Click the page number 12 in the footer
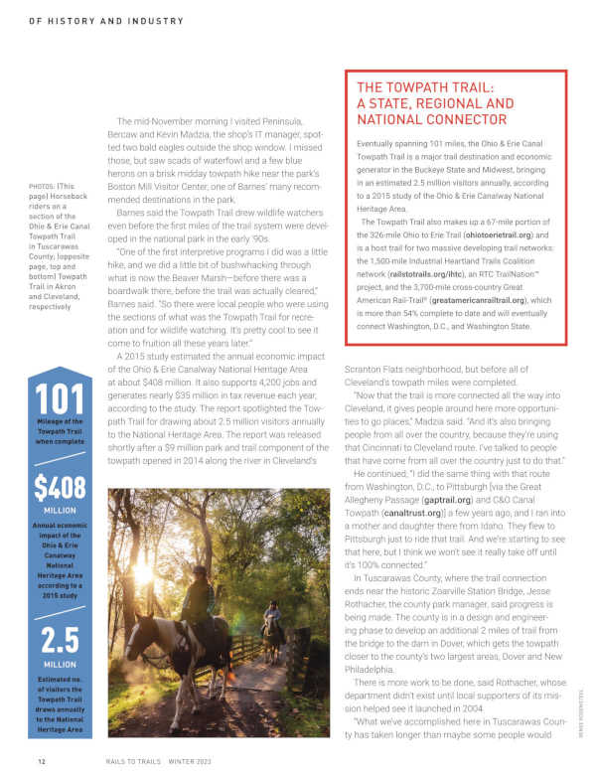pos(42,761)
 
